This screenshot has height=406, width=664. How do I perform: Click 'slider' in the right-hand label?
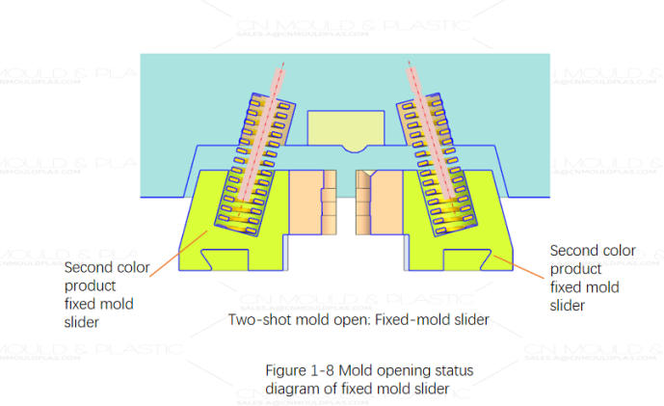(x=568, y=305)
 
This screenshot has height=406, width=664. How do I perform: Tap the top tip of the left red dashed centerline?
(x=282, y=65)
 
